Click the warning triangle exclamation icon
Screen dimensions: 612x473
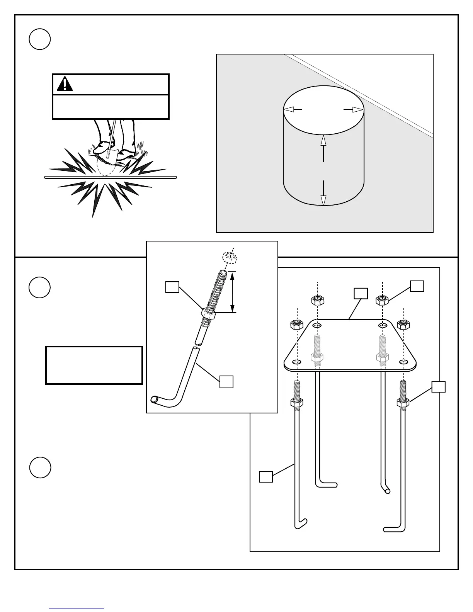[x=65, y=84]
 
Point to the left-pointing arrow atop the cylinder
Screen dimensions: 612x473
[x=293, y=110]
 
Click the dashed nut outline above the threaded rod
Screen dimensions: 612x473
[x=230, y=257]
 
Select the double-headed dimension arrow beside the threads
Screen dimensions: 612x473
[x=232, y=292]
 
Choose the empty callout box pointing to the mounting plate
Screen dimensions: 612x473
[x=361, y=293]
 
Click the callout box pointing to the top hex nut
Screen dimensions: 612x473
[x=417, y=286]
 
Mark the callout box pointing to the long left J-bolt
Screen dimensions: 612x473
[x=265, y=476]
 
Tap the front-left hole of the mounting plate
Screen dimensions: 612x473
[x=296, y=362]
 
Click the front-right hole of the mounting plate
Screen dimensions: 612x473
[x=403, y=362]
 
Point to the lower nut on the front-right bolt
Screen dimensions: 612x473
[x=403, y=403]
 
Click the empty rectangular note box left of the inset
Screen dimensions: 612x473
[x=94, y=365]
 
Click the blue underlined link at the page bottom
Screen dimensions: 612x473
[x=77, y=608]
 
